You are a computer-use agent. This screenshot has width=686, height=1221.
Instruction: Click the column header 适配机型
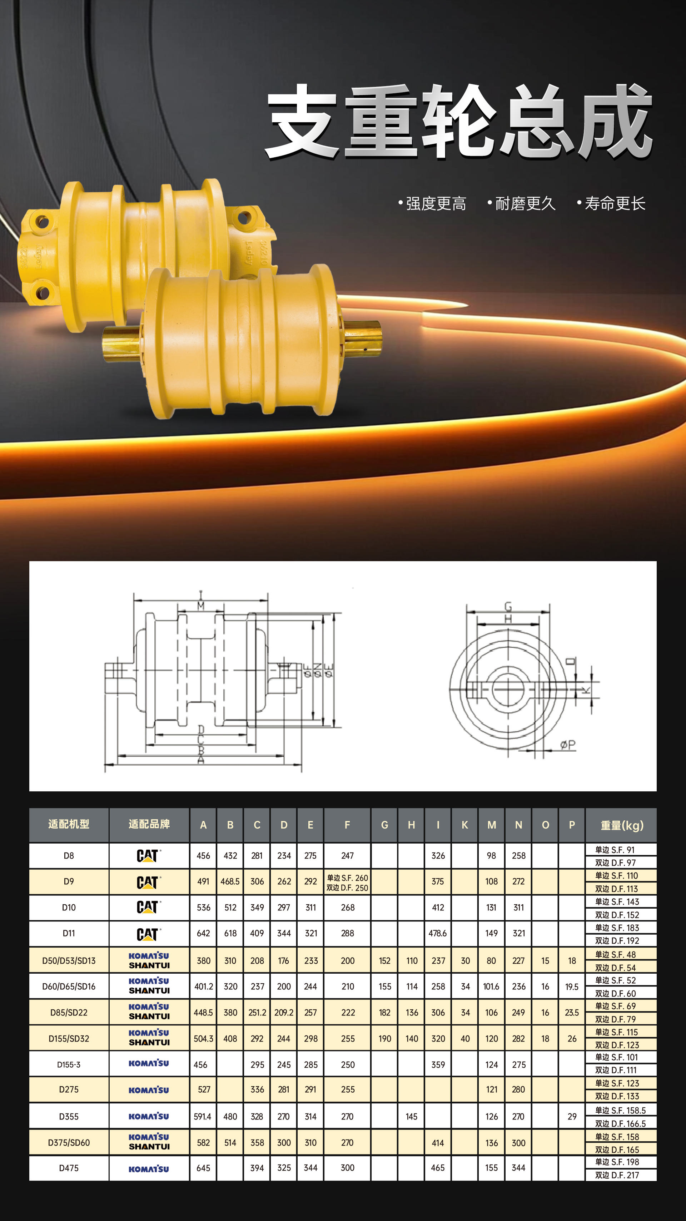[69, 824]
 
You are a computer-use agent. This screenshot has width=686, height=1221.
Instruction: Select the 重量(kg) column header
[622, 825]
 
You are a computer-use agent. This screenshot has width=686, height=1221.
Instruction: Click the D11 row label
[69, 933]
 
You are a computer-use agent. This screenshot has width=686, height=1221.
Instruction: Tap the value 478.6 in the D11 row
[438, 933]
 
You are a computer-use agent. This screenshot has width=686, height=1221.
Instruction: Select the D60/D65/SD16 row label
[69, 987]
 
